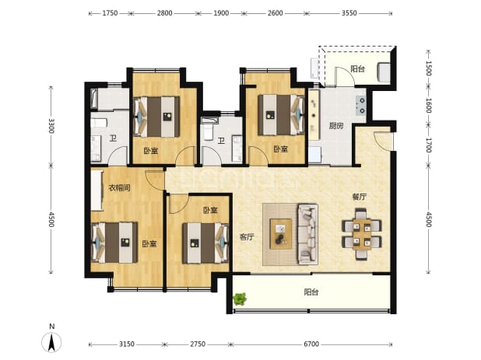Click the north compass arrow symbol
pyautogui.click(x=51, y=341)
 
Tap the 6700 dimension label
pyautogui.click(x=311, y=344)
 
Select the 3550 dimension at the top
pyautogui.click(x=349, y=13)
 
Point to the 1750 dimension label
pyautogui.click(x=110, y=13)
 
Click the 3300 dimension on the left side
pyautogui.click(x=51, y=126)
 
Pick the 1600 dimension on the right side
pyautogui.click(x=429, y=106)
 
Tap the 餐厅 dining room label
pyautogui.click(x=360, y=197)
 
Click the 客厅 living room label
pyautogui.click(x=247, y=237)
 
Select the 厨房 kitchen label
pyautogui.click(x=336, y=126)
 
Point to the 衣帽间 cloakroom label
pyautogui.click(x=119, y=187)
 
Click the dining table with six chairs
pyautogui.click(x=362, y=234)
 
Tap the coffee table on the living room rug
pyautogui.click(x=281, y=234)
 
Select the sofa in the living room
pyautogui.click(x=307, y=234)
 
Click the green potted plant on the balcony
pyautogui.click(x=240, y=299)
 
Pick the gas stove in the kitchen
pyautogui.click(x=361, y=106)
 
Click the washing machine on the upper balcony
pyautogui.click(x=384, y=72)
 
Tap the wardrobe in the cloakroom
pyautogui.click(x=97, y=190)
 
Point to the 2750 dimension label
pyautogui.click(x=198, y=344)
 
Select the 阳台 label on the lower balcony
pyautogui.click(x=311, y=292)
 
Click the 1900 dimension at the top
pyautogui.click(x=221, y=13)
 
